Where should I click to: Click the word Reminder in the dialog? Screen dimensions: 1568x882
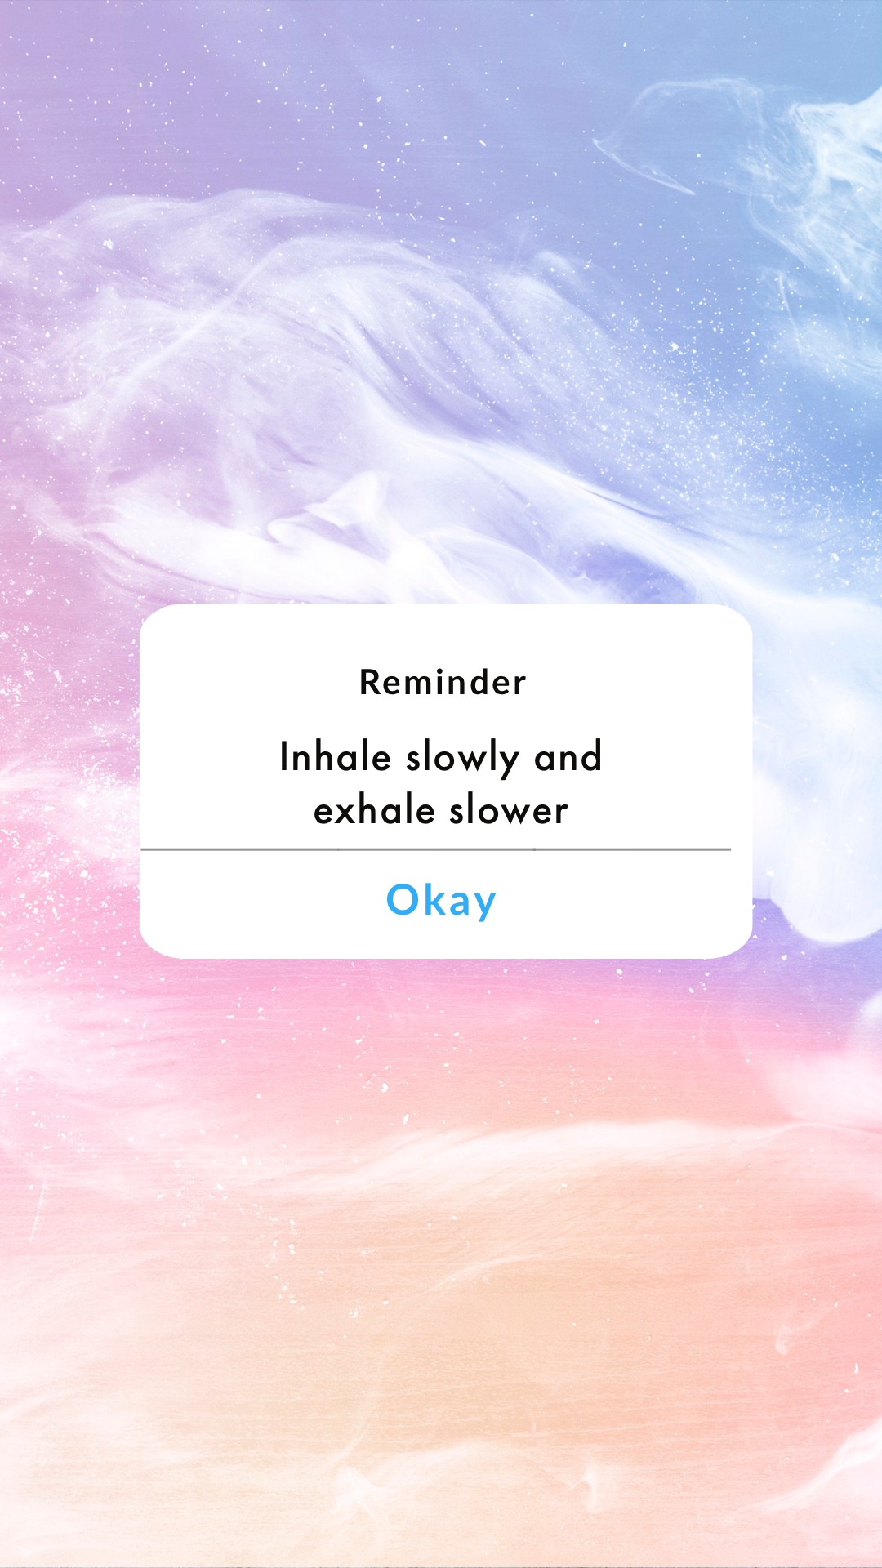[443, 683]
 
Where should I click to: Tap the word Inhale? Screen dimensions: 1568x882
[335, 757]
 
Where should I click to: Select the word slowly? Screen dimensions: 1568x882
[462, 759]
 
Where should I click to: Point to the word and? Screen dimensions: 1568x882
[568, 758]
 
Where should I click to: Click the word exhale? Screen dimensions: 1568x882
[374, 811]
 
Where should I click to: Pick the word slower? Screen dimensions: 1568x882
[508, 811]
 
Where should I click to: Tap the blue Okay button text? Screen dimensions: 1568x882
[441, 901]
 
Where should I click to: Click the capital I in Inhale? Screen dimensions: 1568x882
[284, 756]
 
